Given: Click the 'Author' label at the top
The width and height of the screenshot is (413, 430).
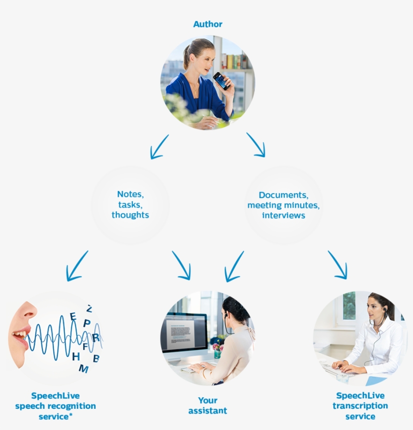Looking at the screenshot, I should (208, 24).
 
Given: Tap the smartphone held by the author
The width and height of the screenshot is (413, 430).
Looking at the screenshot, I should (221, 81).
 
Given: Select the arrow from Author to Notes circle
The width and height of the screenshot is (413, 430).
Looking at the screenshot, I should (159, 146).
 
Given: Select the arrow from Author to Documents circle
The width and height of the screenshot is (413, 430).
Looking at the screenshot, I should (256, 145).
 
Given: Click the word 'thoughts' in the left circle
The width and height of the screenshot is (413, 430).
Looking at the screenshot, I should (130, 215).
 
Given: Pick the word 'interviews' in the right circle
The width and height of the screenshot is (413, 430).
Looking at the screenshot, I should (284, 215).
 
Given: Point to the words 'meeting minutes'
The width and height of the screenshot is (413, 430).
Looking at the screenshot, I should (284, 205).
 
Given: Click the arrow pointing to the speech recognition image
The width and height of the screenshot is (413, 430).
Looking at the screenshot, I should (77, 266).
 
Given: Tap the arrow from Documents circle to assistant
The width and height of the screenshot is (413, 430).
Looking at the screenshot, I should (234, 266).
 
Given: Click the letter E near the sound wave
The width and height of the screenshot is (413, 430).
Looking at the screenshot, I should (73, 317).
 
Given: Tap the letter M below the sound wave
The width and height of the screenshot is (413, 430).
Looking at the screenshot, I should (83, 369).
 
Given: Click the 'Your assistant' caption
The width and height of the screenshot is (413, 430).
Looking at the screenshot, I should (208, 406).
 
